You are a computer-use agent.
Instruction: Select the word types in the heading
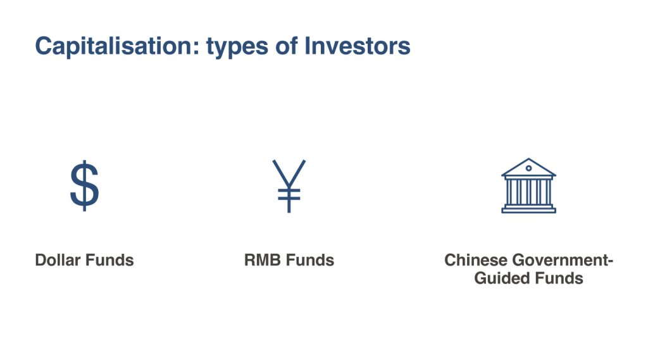point(237,47)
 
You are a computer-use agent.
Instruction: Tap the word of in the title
point(287,46)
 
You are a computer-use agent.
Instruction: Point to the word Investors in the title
point(358,46)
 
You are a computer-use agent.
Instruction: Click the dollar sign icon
point(84,185)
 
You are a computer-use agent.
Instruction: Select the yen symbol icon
point(289,186)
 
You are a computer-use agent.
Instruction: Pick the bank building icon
point(528,185)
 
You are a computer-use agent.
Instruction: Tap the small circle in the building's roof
point(528,168)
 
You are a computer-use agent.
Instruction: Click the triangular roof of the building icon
point(528,168)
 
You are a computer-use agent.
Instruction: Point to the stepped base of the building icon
point(528,209)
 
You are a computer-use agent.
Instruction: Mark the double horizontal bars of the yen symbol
point(289,195)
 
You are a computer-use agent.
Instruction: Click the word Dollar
point(58,260)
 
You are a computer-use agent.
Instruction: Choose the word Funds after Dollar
point(109,260)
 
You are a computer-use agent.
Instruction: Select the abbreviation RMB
point(263,260)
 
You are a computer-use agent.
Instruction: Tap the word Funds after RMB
point(310,260)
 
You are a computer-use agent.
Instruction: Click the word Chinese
point(476,260)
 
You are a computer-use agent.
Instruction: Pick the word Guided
point(497,278)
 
